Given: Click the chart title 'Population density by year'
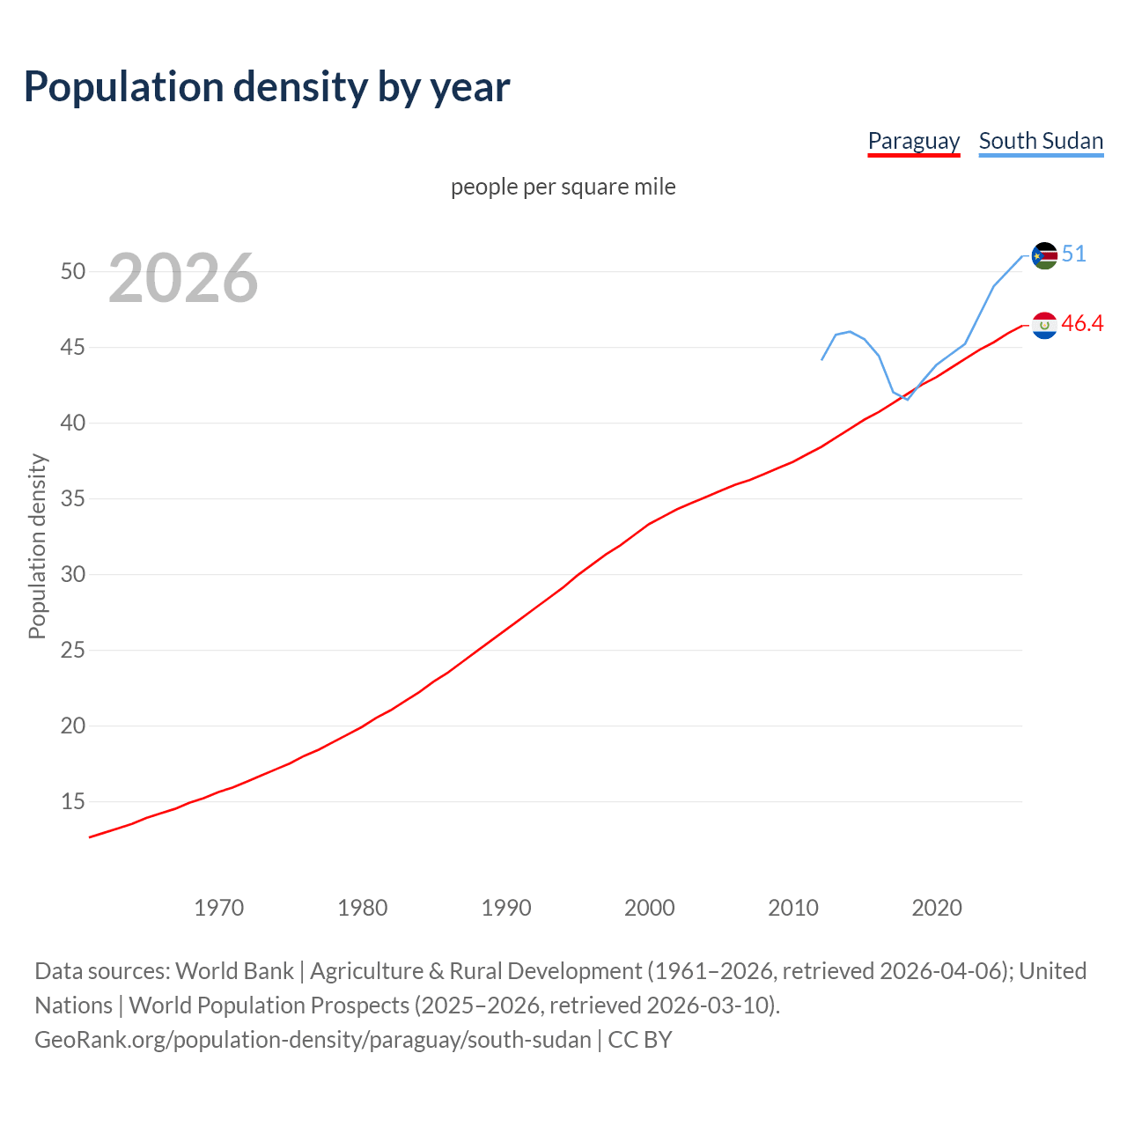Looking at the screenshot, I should click(267, 86).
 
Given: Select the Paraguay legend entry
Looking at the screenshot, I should click(913, 141).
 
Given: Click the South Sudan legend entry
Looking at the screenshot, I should click(1041, 141).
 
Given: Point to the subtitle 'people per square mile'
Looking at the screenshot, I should click(563, 187).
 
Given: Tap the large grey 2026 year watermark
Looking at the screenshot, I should click(183, 278).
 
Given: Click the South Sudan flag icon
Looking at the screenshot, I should click(1044, 255).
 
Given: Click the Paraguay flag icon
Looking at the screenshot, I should click(1044, 325).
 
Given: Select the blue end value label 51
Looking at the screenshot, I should click(1073, 254).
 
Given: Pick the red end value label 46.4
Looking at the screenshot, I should click(1082, 323).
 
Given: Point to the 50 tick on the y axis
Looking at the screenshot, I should click(73, 271).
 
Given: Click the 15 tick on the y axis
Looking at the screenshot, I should click(73, 801).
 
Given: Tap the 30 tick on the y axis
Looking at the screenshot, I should click(73, 574).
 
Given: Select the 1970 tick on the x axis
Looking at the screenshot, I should click(219, 908).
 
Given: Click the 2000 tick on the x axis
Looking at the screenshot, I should click(650, 908).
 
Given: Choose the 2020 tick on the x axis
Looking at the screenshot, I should click(937, 908).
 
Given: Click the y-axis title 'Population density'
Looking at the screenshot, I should click(37, 546).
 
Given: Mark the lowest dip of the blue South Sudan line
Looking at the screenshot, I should click(907, 399).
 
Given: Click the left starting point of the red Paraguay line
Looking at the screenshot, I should click(90, 836).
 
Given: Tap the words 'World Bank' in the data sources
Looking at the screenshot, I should click(234, 970).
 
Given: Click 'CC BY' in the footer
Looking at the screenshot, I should click(640, 1039).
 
